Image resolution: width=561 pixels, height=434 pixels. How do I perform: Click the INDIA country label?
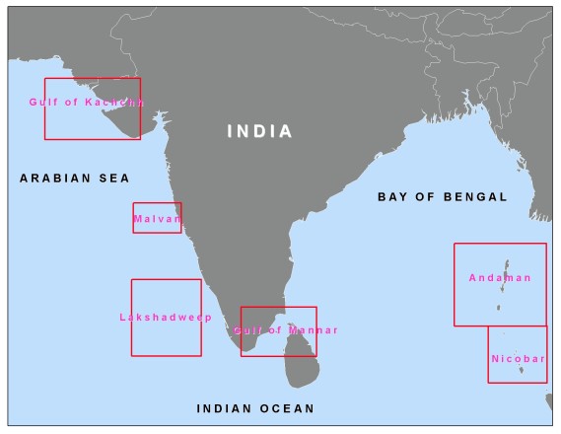click(259, 131)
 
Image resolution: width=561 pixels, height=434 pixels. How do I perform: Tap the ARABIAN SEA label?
click(75, 179)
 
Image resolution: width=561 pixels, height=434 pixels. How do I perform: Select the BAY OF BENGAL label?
click(442, 197)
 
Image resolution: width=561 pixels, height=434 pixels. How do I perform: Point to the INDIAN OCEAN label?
click(255, 408)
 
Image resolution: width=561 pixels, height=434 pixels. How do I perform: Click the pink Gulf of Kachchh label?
click(87, 102)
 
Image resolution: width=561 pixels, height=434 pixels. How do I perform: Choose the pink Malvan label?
click(158, 218)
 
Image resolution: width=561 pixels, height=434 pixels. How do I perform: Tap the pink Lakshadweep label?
click(159, 318)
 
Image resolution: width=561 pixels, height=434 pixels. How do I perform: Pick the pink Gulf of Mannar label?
click(285, 330)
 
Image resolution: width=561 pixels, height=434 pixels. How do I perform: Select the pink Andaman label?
click(500, 278)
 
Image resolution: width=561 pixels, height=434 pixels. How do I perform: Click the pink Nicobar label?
click(518, 359)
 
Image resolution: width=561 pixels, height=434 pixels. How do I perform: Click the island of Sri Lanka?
click(301, 360)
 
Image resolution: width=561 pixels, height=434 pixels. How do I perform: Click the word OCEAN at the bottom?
click(289, 408)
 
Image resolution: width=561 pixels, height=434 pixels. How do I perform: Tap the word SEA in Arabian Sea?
click(113, 179)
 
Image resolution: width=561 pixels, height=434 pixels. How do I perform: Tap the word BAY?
click(391, 197)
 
